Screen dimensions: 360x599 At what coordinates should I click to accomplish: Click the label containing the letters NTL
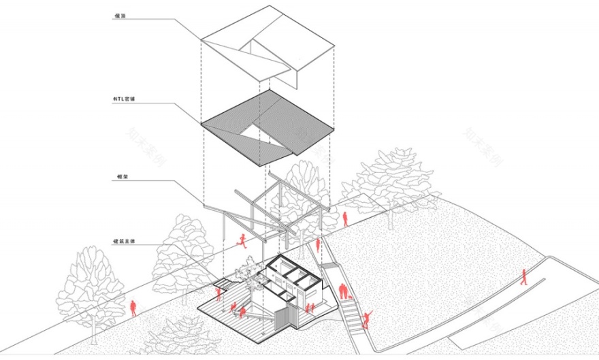[125, 99]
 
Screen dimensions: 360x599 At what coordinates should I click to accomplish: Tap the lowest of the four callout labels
[125, 241]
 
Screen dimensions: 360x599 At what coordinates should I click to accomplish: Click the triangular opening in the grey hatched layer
[261, 133]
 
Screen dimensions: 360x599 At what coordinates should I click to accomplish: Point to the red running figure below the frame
[240, 240]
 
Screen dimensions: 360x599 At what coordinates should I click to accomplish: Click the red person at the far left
[133, 308]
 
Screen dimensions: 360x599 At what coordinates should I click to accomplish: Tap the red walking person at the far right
[523, 276]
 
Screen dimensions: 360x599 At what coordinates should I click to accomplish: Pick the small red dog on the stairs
[350, 297]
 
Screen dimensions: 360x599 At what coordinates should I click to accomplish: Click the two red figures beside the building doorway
[310, 308]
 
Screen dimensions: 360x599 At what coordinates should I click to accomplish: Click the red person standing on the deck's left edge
[218, 294]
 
